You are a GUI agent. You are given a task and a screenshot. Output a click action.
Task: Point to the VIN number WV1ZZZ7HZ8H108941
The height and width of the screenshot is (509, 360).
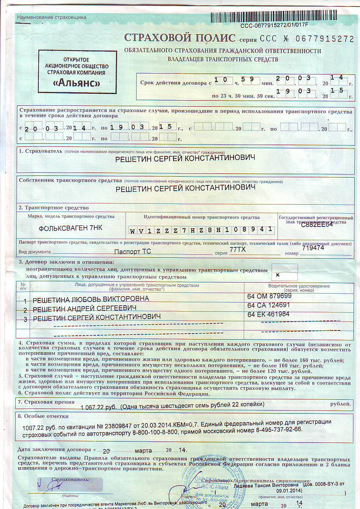(x=202, y=229)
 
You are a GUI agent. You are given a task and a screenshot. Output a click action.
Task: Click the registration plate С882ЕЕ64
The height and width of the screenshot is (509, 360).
(x=316, y=225)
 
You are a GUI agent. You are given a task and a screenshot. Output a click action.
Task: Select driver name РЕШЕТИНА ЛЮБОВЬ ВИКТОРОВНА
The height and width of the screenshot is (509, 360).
(x=91, y=299)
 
